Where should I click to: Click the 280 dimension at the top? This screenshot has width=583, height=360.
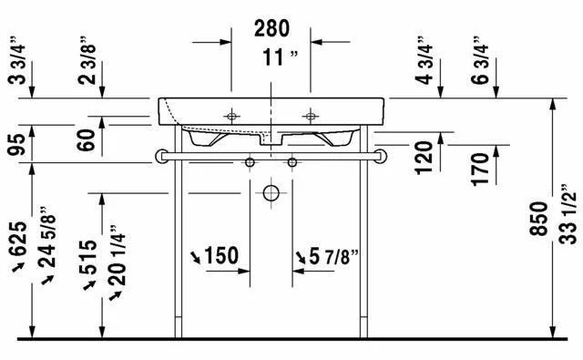271,28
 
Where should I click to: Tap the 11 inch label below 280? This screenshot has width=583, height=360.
280,57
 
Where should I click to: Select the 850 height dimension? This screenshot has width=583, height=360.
538,219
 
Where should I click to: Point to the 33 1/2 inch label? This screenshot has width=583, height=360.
568,214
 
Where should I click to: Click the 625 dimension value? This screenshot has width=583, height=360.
18,239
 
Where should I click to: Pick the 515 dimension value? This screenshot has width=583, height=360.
88,257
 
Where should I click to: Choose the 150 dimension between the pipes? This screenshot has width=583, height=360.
221,256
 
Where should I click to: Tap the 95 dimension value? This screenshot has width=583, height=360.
16,144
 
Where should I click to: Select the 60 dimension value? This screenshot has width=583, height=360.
87,139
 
